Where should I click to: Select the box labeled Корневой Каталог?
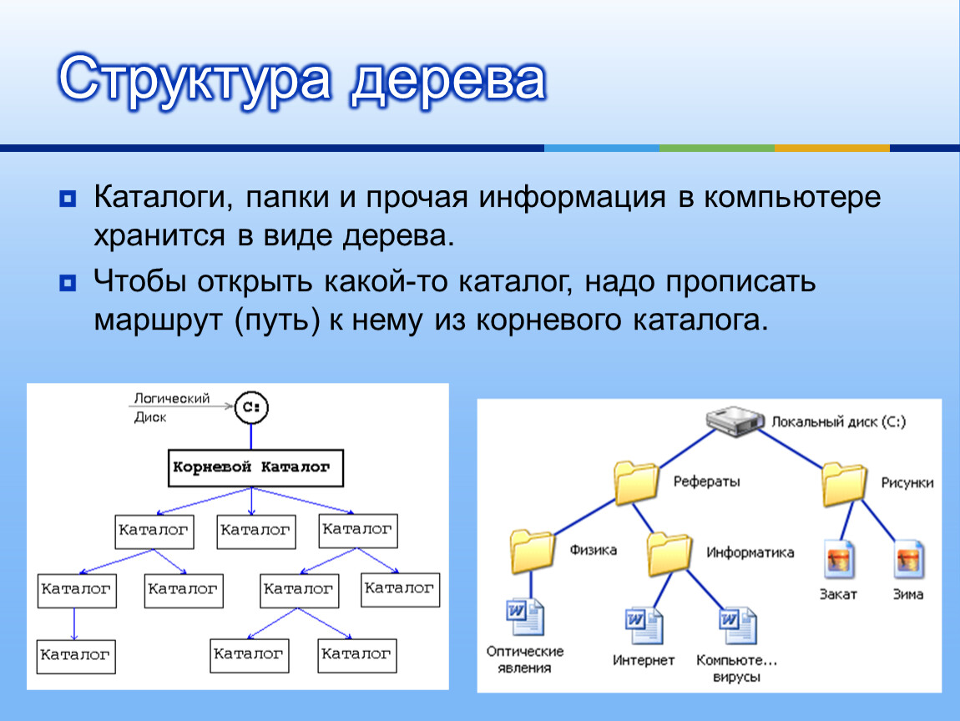[251, 468]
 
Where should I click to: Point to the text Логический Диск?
[171, 408]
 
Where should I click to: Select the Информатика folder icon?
[669, 552]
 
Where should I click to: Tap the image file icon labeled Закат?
[838, 560]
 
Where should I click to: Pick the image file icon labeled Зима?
[908, 560]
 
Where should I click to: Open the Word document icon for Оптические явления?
[524, 620]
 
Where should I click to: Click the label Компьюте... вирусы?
[736, 669]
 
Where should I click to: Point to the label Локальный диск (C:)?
[838, 422]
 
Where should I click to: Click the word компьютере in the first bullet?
[792, 199]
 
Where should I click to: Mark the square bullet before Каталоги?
[68, 200]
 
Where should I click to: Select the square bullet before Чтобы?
[68, 282]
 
